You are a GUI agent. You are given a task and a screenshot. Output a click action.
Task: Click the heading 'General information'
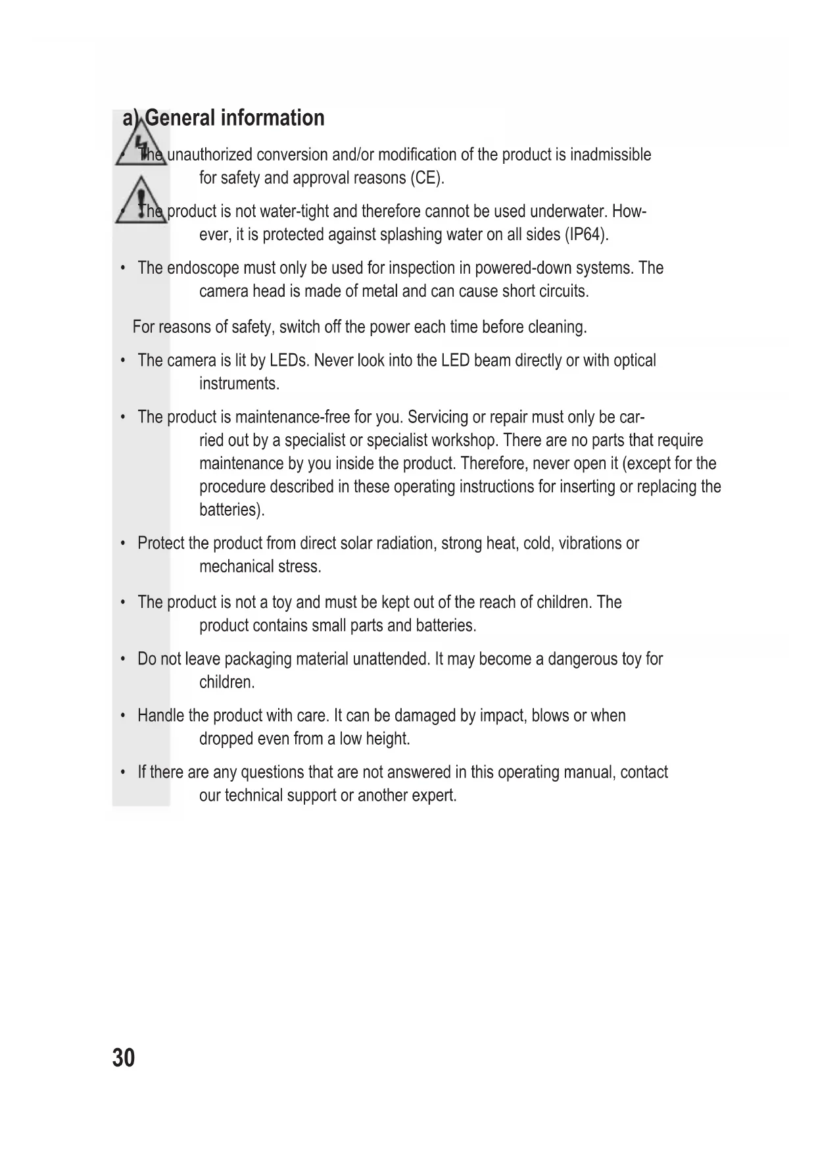(x=234, y=118)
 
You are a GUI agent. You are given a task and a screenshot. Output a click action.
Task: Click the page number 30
(x=124, y=1058)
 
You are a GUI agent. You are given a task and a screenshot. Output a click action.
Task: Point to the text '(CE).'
(x=427, y=178)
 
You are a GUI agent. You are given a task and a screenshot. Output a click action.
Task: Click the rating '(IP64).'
(x=587, y=235)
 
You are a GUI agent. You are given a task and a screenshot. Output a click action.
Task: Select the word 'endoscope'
(x=203, y=268)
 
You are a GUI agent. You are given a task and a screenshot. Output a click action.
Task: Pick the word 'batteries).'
(x=231, y=510)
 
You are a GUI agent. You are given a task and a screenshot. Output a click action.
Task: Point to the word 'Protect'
(x=160, y=543)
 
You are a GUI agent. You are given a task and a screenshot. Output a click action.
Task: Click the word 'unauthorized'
(x=209, y=155)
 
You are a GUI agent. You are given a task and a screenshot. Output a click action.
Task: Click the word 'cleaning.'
(x=557, y=327)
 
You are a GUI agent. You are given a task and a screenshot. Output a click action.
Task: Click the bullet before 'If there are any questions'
(x=123, y=772)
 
